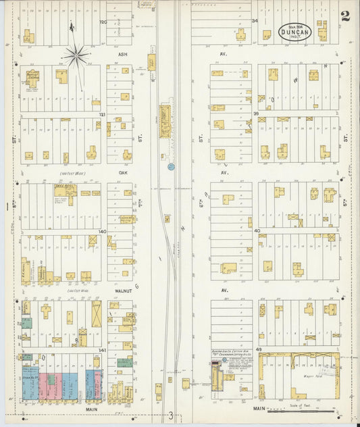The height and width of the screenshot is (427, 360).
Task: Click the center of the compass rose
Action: point(76,56)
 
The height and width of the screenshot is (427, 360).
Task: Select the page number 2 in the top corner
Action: point(345,17)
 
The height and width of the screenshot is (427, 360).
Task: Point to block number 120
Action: point(103,22)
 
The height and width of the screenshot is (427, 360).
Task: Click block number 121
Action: point(102,115)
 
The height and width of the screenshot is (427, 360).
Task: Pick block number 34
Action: point(255,20)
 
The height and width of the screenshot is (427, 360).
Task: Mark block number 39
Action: point(256,114)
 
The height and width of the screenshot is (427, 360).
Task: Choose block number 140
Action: point(103,231)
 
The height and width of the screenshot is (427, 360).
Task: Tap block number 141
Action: point(103,350)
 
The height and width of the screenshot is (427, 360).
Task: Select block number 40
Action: point(257,231)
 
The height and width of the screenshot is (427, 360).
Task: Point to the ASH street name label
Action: point(123,54)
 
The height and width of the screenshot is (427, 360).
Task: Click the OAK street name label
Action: point(123,172)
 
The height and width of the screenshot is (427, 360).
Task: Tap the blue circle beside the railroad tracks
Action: point(171,166)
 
